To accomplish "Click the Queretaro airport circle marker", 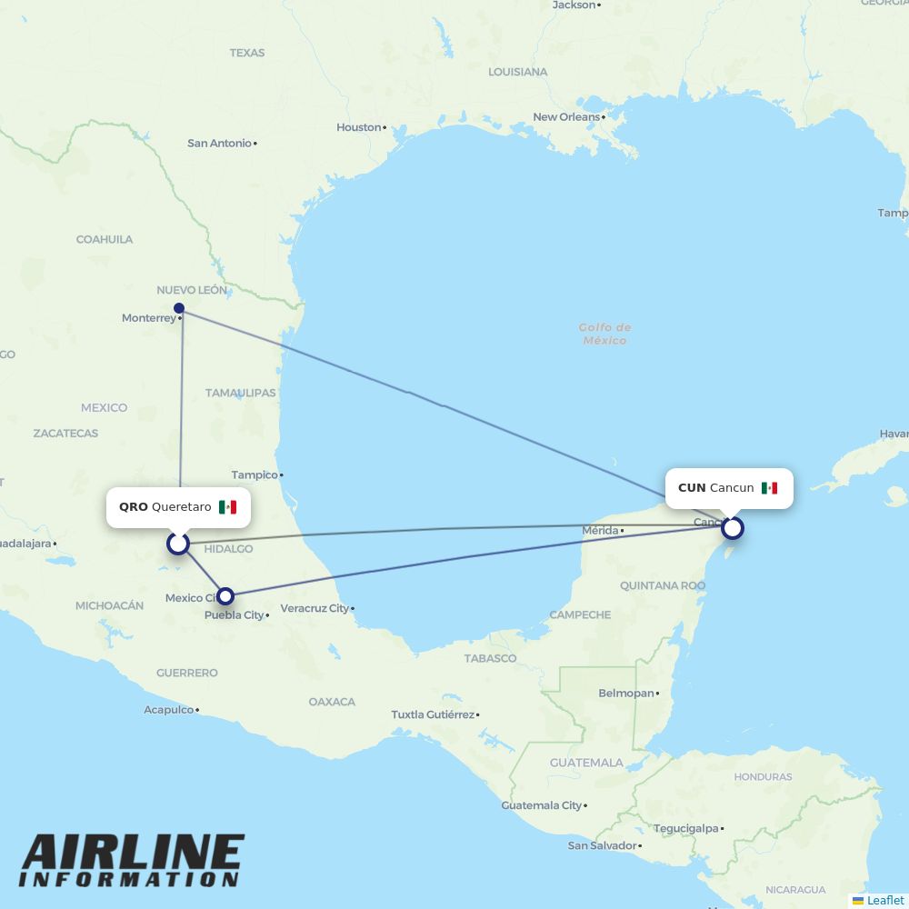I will (178, 544).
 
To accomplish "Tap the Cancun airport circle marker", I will (732, 527).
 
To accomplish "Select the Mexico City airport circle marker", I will (225, 596).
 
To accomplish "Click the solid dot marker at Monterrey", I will (179, 308).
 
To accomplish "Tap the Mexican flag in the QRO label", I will (227, 507).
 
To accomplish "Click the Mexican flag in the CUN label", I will (769, 488).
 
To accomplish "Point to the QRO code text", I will (133, 507).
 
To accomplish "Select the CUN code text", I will (692, 488).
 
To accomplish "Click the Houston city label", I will (358, 127).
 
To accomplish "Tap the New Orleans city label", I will (566, 117).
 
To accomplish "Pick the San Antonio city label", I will (219, 143).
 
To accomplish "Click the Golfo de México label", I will (604, 334).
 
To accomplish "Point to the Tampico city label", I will (255, 474).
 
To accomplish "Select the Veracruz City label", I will (315, 608).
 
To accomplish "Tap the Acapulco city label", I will (169, 710).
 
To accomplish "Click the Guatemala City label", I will (542, 805).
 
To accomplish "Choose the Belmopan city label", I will (626, 694).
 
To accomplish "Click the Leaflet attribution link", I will (884, 900).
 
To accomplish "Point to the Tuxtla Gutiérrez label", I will (433, 714).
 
